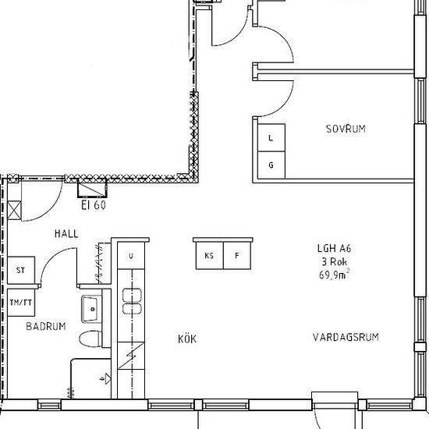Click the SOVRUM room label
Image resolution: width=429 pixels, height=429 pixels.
346,129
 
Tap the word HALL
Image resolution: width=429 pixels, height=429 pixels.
66,234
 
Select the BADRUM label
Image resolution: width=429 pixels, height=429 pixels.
46,326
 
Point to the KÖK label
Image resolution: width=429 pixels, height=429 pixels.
187,339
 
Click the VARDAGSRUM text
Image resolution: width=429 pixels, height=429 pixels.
346,337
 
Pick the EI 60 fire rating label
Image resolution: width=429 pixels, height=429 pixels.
94,205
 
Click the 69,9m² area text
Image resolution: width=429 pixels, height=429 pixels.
335,275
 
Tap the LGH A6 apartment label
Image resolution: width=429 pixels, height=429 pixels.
334,248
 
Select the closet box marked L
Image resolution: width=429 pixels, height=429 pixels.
271,137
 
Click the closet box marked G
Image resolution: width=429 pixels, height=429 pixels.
271,165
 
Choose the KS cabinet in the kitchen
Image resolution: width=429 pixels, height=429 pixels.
210,256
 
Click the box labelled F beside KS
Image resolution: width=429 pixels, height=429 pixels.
237,256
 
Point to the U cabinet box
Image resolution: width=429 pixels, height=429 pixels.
131,256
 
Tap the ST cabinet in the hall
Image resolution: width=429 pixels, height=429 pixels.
21,271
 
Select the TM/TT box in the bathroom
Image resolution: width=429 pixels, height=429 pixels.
21,303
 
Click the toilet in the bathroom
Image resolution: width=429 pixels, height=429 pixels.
90,339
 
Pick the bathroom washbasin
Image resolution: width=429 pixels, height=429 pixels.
92,309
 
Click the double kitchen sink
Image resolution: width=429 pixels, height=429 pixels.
132,301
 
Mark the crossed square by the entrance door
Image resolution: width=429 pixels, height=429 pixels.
14,211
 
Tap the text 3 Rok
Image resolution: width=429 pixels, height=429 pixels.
335,262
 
